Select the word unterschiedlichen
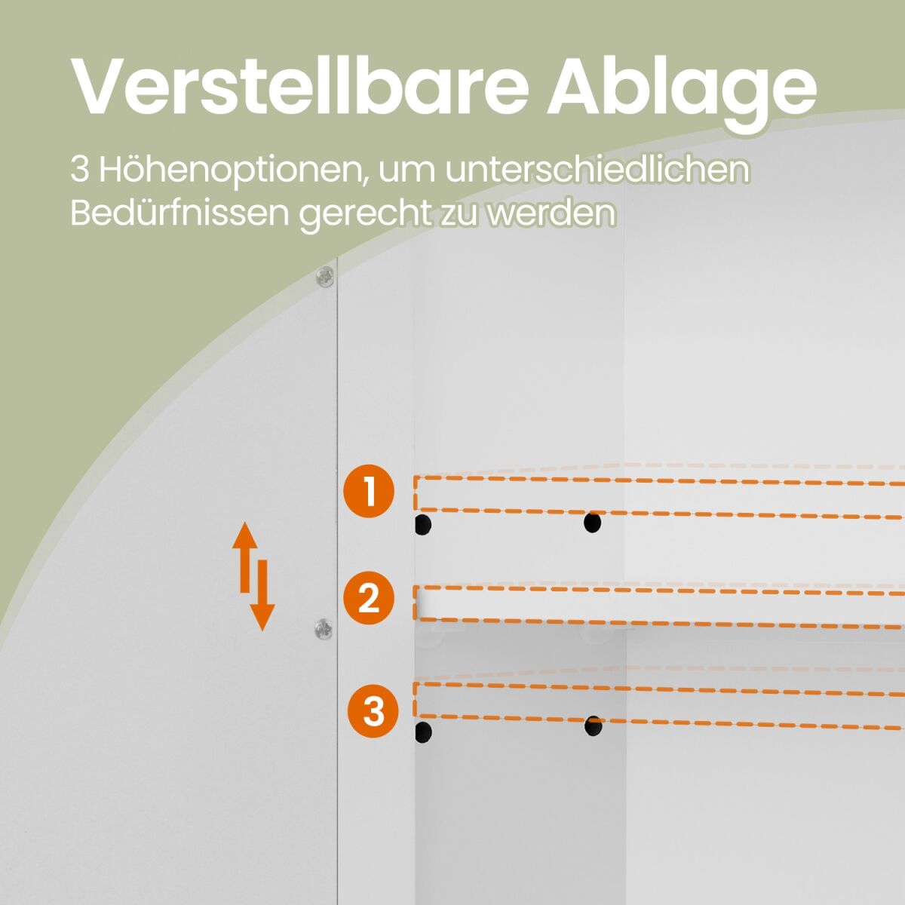597,170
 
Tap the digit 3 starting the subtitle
79,170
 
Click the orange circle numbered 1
369,491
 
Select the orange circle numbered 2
369,597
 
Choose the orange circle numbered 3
373,711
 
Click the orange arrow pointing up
245,557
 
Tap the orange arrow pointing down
262,595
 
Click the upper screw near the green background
324,277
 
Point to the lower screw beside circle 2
323,629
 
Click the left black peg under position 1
423,524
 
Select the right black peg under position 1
592,522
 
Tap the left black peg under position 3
423,732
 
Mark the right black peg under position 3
594,726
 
